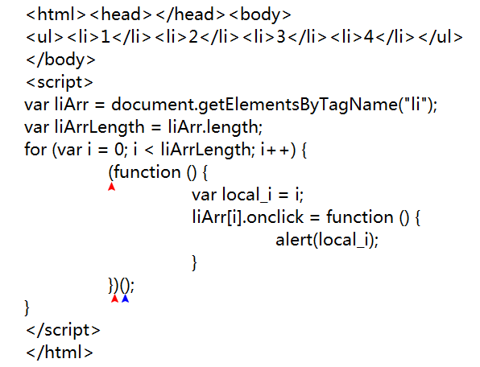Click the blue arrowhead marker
[x=125, y=299]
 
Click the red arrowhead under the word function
[x=111, y=187]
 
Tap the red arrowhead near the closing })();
[x=115, y=299]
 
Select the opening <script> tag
[x=60, y=82]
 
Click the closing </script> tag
[x=63, y=330]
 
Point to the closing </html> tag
[x=60, y=353]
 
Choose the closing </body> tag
[x=60, y=60]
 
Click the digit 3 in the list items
[x=281, y=37]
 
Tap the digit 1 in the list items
[x=106, y=37]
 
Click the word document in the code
[x=153, y=105]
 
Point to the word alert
[x=294, y=240]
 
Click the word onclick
[x=275, y=217]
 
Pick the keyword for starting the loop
[x=35, y=150]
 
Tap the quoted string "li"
[x=416, y=105]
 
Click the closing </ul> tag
[x=441, y=37]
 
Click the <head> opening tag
[x=121, y=14]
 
